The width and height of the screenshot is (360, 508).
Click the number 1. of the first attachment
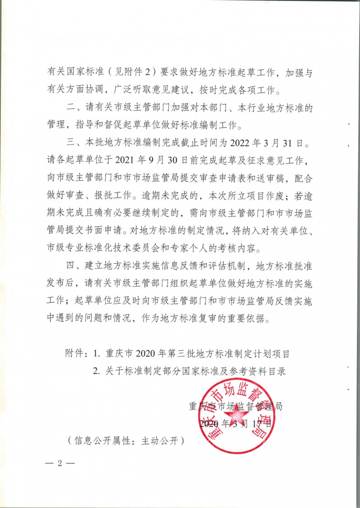point(96,354)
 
